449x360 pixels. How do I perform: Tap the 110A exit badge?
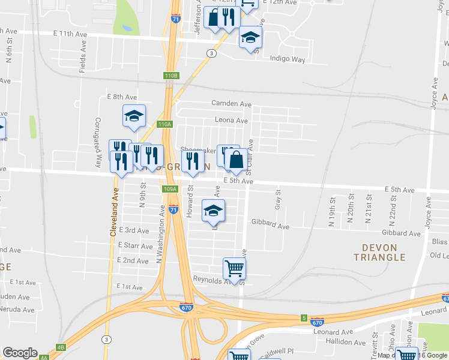click(x=164, y=124)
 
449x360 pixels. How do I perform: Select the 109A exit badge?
click(x=170, y=189)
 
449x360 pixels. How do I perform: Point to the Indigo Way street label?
click(x=288, y=59)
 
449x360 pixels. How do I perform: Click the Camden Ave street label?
click(x=231, y=103)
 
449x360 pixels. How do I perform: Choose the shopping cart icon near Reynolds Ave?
click(x=234, y=268)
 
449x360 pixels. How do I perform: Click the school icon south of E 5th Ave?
click(x=213, y=210)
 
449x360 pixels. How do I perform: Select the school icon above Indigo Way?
click(x=250, y=38)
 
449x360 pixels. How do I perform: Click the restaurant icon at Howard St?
click(x=193, y=161)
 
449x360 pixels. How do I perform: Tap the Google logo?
click(x=20, y=353)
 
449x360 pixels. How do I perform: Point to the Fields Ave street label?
click(x=82, y=58)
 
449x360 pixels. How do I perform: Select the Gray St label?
click(x=278, y=200)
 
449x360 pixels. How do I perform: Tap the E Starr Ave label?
click(x=136, y=245)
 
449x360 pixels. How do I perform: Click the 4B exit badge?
click(x=60, y=347)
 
